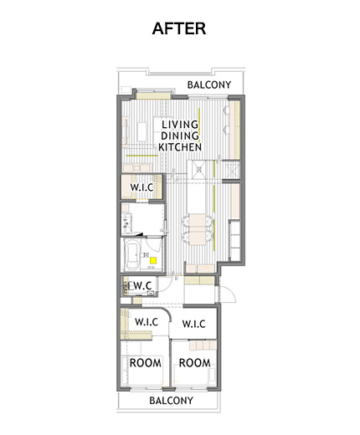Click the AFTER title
click(179, 28)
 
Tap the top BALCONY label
click(209, 84)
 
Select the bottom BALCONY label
click(171, 401)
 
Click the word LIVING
click(180, 125)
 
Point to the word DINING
click(180, 136)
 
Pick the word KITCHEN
click(180, 147)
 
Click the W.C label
click(141, 285)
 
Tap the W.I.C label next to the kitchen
click(141, 187)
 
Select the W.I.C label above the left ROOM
click(147, 322)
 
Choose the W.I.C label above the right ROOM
click(193, 324)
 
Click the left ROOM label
click(146, 363)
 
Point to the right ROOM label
click(194, 363)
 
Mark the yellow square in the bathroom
click(153, 261)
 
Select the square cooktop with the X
click(199, 169)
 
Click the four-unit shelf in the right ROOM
click(203, 345)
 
